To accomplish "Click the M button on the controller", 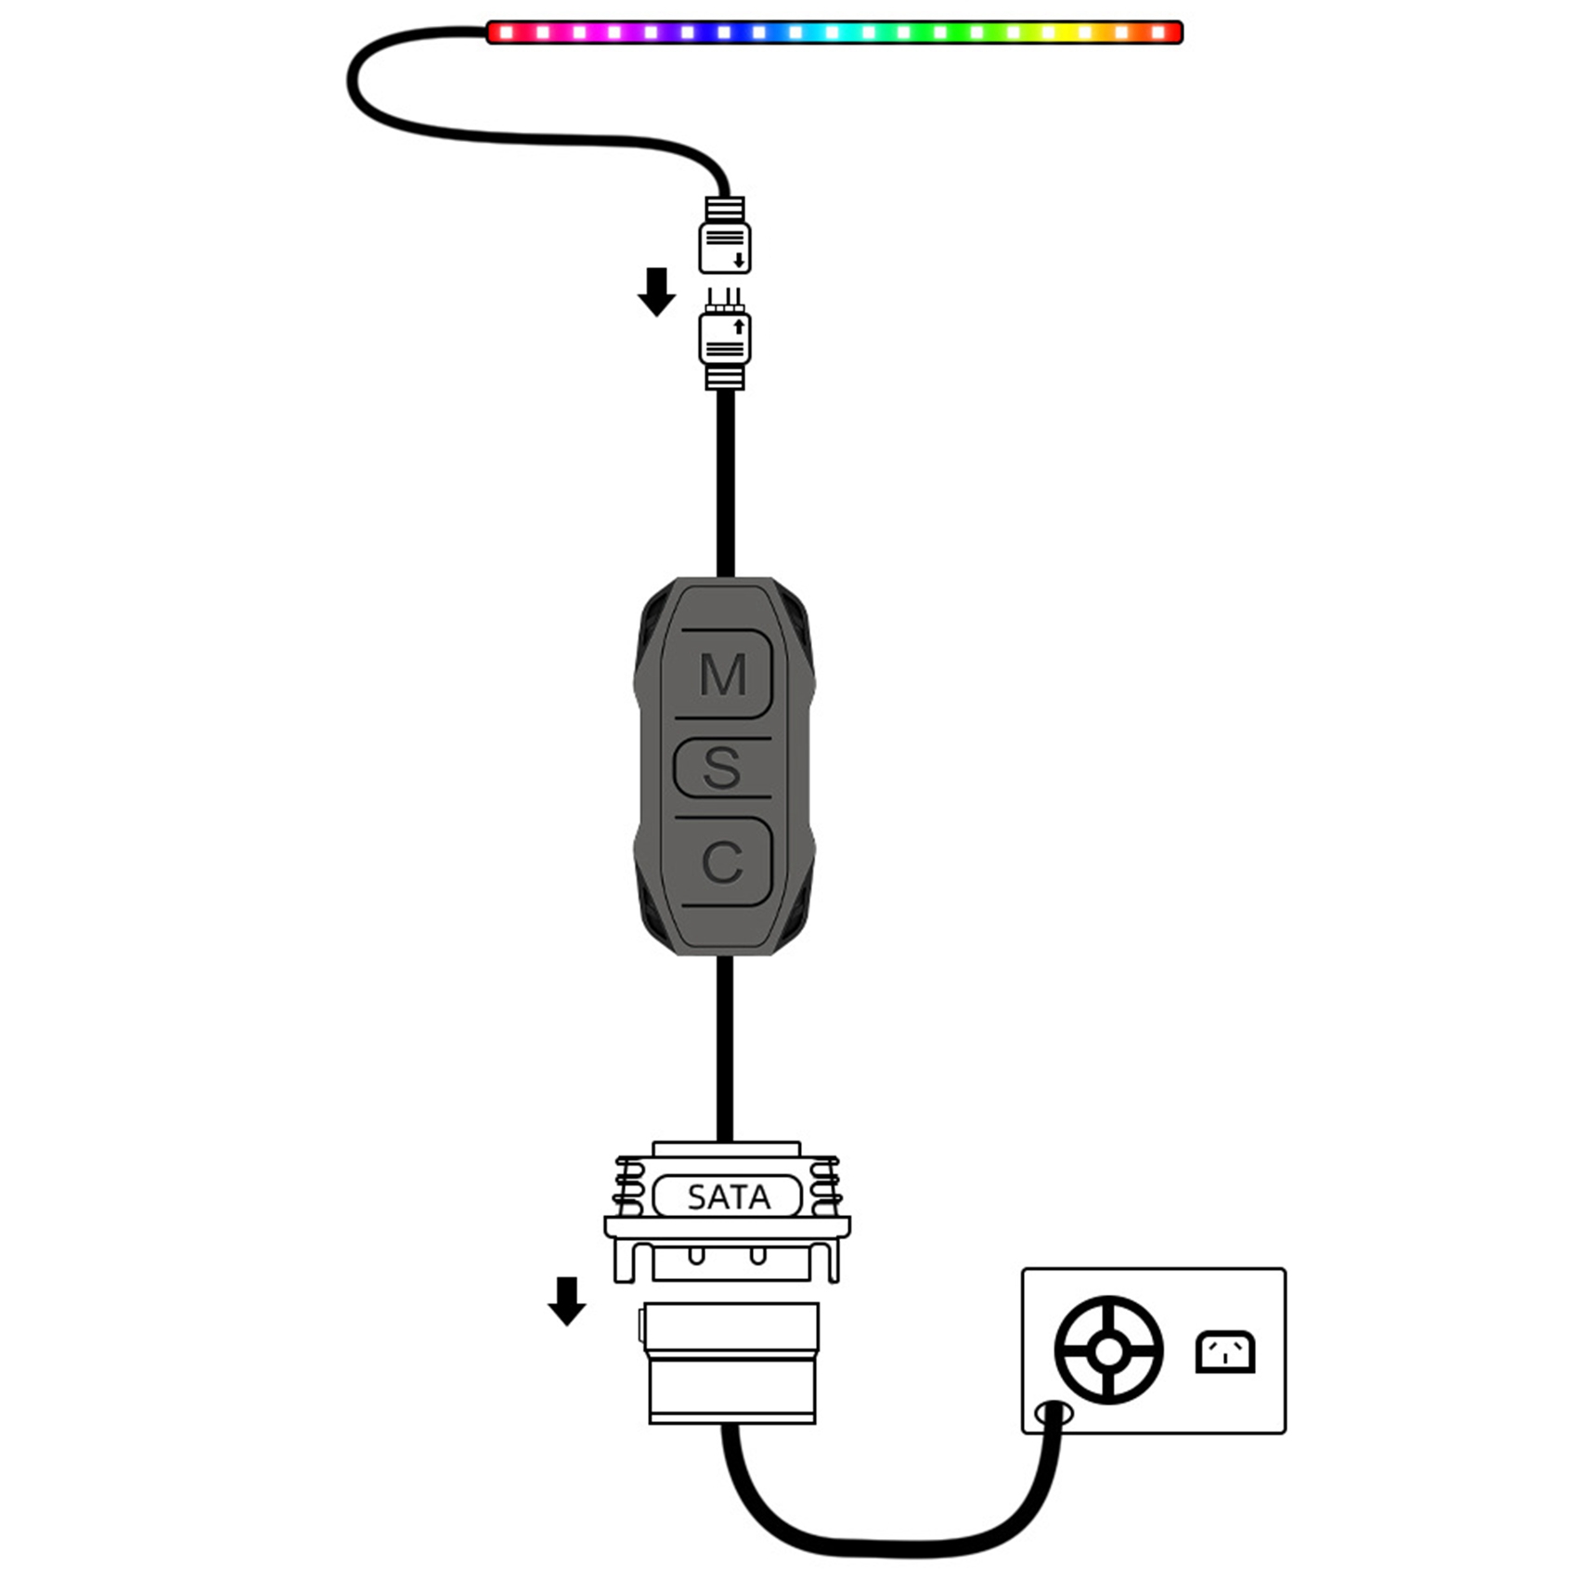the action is coord(724,675).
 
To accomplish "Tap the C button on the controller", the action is coord(724,861).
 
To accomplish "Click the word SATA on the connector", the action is coord(729,1197).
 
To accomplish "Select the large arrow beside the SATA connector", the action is coord(567,1301).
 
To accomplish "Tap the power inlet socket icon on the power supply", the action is coord(1225,1352).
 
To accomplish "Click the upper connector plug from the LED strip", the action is coord(725,235).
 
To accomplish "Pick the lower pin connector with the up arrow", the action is coord(725,339).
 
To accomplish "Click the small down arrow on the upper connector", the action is coord(739,259).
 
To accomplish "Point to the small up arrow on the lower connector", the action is coord(739,327).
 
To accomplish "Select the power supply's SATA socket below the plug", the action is coord(731,1364).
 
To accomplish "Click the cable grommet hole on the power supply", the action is coord(1054,1414).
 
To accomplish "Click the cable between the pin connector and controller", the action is coord(726,483).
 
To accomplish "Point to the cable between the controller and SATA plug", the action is coord(726,1049).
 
